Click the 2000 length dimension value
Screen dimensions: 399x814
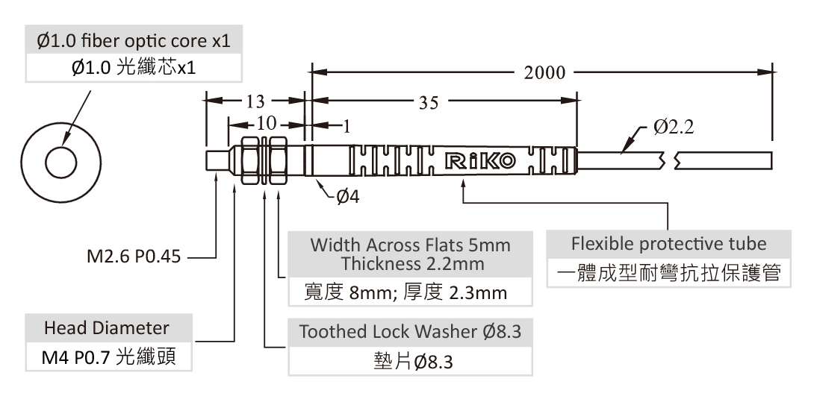(544, 73)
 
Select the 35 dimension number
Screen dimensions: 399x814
(429, 103)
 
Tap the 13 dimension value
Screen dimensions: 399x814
(254, 101)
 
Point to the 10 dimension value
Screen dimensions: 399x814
(266, 123)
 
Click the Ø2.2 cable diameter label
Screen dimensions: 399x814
(673, 128)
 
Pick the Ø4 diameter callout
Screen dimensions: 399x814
(348, 196)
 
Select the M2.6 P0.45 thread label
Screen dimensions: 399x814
(133, 259)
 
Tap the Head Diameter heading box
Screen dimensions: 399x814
(107, 328)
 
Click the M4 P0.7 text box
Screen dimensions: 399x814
(107, 357)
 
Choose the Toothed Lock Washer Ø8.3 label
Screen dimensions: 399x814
(410, 332)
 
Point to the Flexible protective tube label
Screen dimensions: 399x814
(668, 244)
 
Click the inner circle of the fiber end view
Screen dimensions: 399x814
(59, 161)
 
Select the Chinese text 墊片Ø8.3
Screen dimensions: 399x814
(410, 362)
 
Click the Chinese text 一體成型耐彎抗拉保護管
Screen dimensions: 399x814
(668, 273)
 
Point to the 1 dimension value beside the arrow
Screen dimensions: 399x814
(347, 125)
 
